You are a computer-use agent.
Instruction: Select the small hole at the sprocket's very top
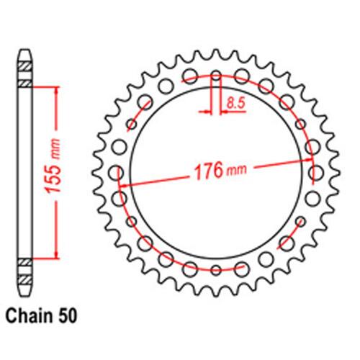point(216,76)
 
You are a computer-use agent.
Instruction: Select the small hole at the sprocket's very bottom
point(216,270)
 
